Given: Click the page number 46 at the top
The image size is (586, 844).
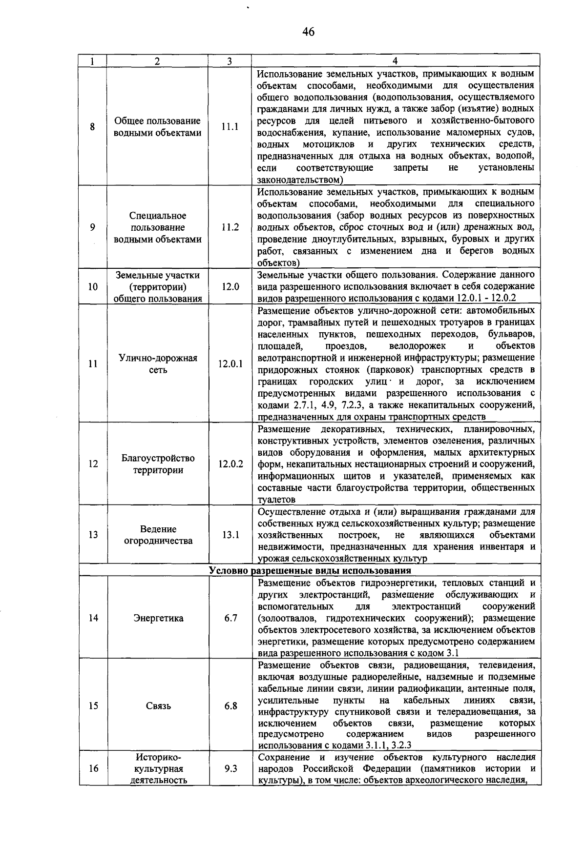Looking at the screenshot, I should coord(308,32).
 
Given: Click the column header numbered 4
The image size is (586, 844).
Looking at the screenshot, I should coord(395,61).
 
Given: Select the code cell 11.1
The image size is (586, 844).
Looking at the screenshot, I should coord(230,126).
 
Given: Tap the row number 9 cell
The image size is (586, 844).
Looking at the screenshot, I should coord(93,227).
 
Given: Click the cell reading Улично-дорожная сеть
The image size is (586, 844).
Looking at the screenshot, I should coord(158,363).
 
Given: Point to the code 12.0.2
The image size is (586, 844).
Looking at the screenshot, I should coord(230,464).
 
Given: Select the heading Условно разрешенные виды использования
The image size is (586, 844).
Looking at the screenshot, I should coord(310,570).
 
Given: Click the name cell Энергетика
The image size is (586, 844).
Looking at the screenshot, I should coord(158,618).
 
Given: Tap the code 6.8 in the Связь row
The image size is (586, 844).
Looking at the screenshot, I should coord(230,706).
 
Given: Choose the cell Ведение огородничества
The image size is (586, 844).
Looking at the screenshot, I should coord(158,535).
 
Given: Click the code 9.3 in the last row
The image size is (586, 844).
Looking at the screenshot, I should coord(230,769).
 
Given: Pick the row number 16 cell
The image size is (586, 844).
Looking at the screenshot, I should coord(93,769).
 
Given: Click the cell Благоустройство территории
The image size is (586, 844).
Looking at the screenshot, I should coord(158,464).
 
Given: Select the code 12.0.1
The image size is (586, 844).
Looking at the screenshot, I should coord(230,363).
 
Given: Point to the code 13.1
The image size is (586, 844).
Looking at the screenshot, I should coord(230,535).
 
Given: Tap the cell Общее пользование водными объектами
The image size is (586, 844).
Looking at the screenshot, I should coord(157,127).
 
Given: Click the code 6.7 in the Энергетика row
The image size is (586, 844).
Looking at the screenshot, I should coord(230,618).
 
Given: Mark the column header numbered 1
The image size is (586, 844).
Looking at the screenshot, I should coord(92,61).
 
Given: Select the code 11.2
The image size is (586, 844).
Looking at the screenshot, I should coord(230,227).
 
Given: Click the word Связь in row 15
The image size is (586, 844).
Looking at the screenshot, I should coord(158,706).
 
